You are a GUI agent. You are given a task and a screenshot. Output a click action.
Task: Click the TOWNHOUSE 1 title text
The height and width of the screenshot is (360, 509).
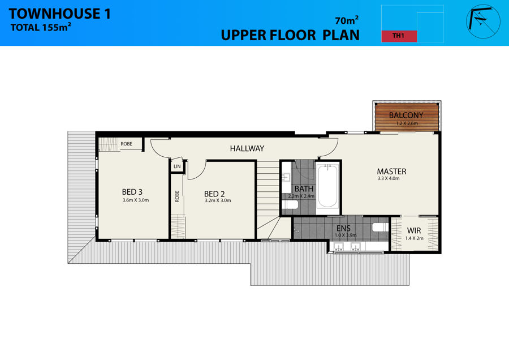click(60, 14)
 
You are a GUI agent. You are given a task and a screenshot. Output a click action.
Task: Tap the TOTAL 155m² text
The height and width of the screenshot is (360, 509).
click(41, 27)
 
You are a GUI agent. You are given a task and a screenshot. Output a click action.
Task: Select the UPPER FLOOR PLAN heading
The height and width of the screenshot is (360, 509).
click(290, 35)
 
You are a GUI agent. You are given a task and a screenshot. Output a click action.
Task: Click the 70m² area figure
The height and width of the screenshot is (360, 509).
click(347, 20)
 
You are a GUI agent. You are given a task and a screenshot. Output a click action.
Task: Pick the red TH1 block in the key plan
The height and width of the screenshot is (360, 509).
click(399, 36)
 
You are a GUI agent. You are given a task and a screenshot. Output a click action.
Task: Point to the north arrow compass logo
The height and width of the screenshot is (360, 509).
click(483, 22)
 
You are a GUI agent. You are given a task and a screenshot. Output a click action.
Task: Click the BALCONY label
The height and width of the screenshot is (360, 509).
click(406, 115)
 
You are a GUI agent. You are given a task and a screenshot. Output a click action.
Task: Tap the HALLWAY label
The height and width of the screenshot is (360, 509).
click(247, 148)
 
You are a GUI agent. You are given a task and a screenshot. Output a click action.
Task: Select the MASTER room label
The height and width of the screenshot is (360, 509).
click(391, 172)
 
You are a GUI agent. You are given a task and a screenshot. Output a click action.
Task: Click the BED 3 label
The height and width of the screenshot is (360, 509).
click(132, 192)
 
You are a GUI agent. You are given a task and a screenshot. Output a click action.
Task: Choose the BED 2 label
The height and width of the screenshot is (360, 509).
click(214, 194)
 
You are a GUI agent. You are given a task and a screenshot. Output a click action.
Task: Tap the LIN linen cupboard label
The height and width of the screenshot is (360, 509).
click(177, 166)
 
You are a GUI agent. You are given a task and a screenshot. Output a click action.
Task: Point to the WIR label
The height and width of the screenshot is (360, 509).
click(414, 231)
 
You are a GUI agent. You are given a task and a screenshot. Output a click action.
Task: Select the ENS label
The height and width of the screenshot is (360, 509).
click(343, 229)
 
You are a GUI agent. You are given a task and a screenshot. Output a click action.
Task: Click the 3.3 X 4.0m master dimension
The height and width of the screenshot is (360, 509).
click(389, 178)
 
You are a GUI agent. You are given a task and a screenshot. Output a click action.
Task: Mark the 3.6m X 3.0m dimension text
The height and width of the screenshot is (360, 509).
click(136, 200)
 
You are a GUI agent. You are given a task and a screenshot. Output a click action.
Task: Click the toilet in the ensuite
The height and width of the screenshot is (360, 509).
click(380, 227)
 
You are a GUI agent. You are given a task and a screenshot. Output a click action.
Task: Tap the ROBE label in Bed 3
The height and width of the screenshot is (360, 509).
click(127, 144)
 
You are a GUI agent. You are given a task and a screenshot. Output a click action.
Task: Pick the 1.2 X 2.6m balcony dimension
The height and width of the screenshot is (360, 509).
click(407, 123)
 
